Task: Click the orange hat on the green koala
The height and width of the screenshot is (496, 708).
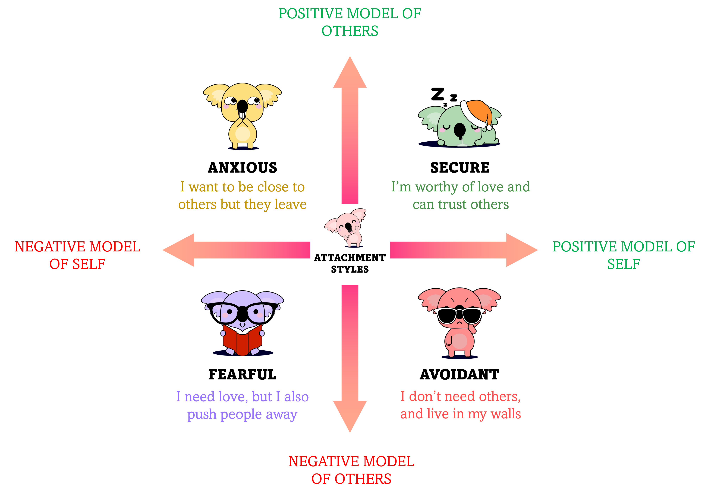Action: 476,111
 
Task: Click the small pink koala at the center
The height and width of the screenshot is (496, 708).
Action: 348,228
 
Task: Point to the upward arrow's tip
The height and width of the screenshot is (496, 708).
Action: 350,59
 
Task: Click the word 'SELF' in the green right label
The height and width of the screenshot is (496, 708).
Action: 624,264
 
